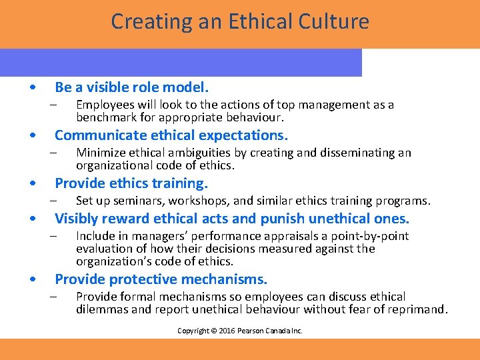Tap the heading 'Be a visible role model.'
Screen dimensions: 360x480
(132, 87)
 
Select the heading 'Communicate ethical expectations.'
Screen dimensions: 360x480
(171, 135)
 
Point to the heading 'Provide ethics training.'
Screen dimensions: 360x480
(131, 183)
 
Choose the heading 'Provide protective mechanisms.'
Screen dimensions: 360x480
(161, 279)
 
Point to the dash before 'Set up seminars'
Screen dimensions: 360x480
(54, 201)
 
